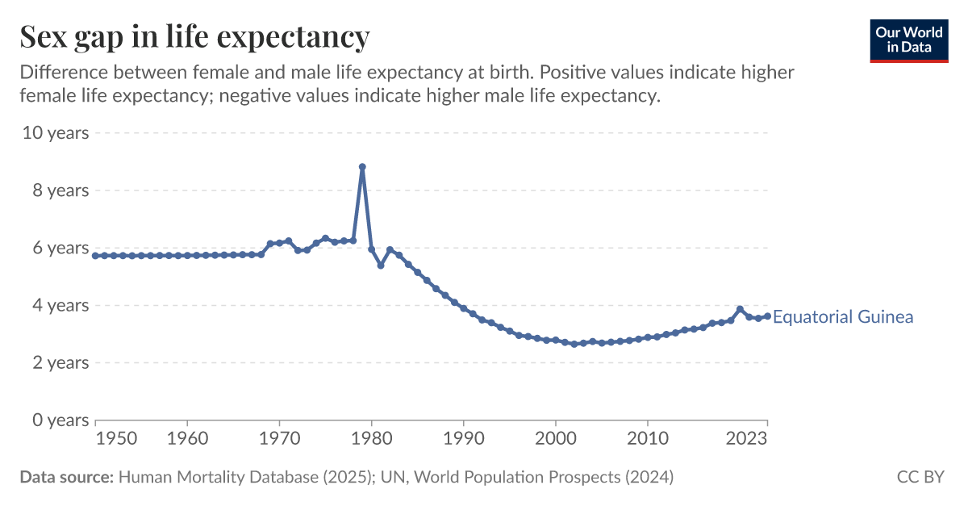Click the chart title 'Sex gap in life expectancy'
tap(194, 37)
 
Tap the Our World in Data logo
tap(908, 40)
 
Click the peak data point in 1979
tap(362, 167)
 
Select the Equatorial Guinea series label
tap(842, 317)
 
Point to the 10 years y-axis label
tap(56, 132)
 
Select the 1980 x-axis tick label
tap(372, 439)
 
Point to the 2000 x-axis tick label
tap(556, 439)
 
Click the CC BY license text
tap(920, 477)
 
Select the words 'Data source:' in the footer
tap(66, 477)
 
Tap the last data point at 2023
tap(767, 316)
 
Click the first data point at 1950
tap(96, 256)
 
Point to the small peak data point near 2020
tap(740, 309)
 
